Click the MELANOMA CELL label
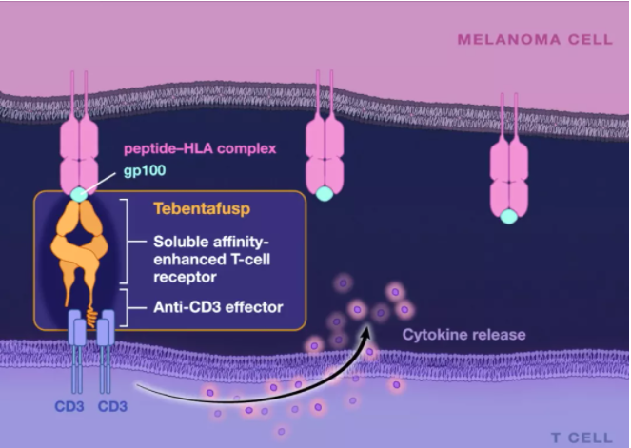(x=535, y=39)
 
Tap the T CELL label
(x=582, y=438)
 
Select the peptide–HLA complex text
(x=200, y=148)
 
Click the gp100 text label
(x=145, y=170)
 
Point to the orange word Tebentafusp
(x=202, y=208)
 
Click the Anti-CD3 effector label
(x=218, y=307)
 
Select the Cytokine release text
(x=464, y=335)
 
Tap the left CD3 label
(x=69, y=406)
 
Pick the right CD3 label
(x=112, y=406)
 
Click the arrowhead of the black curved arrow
(x=365, y=333)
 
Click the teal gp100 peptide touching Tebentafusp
(x=79, y=195)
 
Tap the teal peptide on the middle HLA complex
(x=325, y=193)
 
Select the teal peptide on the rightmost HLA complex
(x=509, y=216)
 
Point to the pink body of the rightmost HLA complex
(x=509, y=178)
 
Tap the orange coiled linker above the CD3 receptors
(x=91, y=317)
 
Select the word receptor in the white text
(x=185, y=278)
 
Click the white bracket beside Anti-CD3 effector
(x=126, y=307)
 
